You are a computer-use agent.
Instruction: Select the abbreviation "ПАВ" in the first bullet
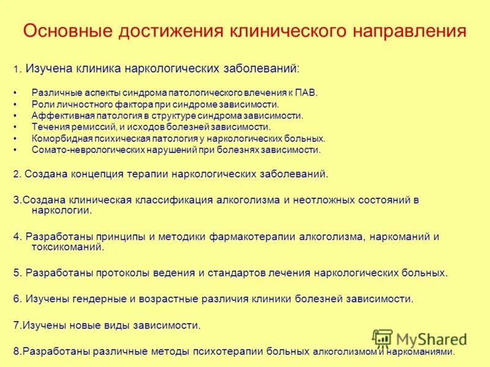(304, 93)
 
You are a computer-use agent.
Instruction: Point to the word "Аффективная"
(58, 116)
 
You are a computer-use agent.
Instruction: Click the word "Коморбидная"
(58, 138)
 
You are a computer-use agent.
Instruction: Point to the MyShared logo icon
(382, 339)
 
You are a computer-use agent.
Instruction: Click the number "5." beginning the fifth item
(17, 273)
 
